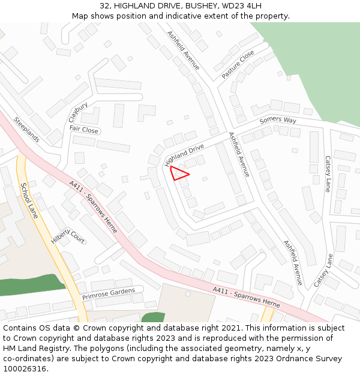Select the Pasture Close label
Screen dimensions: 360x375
[x=238, y=64]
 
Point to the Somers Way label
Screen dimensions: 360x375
[x=278, y=121]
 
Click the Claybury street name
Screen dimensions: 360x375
[x=78, y=112]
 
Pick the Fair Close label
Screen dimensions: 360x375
[x=83, y=130]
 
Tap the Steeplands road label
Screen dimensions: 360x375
[x=26, y=129]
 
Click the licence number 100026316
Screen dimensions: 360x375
[x=25, y=369]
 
